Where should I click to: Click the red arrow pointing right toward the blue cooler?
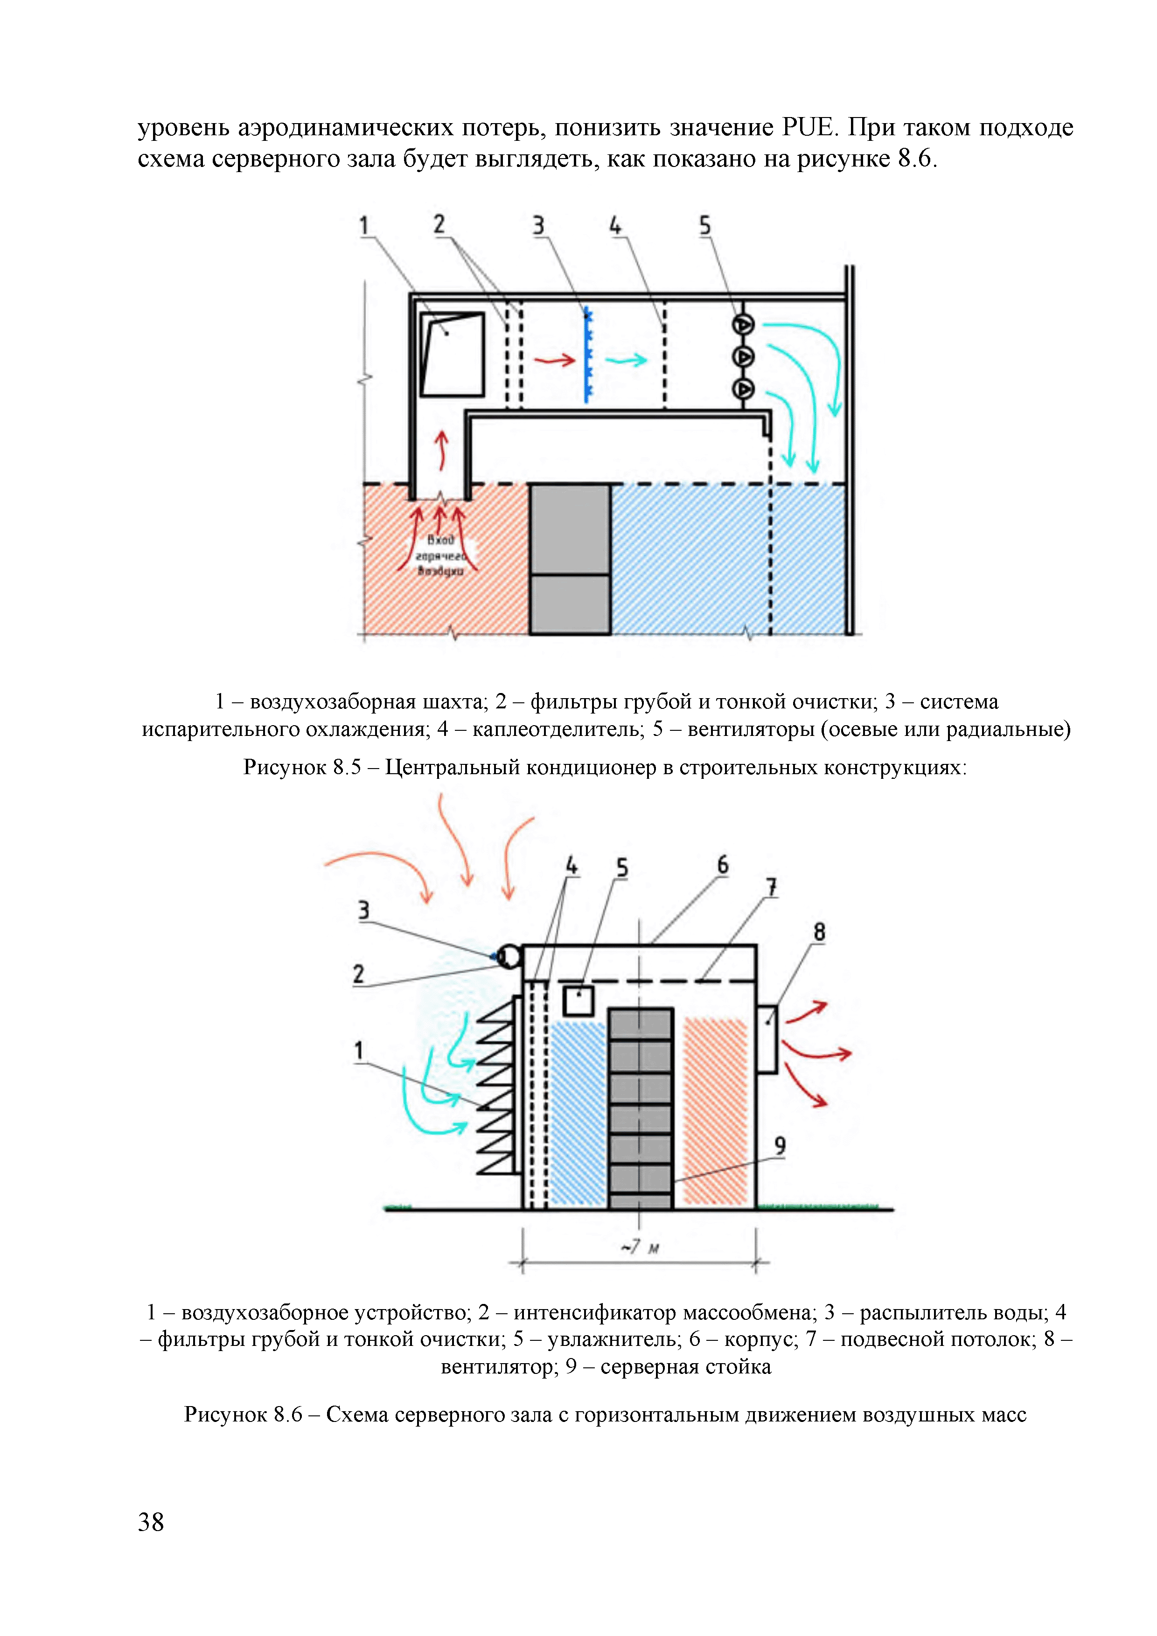click(x=555, y=360)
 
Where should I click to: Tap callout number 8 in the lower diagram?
click(x=819, y=932)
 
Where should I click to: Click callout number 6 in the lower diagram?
click(x=722, y=865)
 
